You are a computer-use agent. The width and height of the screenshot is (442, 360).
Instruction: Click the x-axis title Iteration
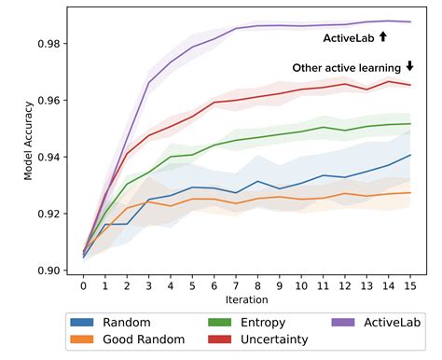click(247, 300)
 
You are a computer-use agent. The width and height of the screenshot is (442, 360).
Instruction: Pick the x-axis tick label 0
click(83, 287)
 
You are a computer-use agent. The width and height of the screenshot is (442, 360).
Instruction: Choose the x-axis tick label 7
click(236, 287)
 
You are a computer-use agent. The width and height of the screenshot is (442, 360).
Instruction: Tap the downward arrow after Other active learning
click(409, 66)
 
